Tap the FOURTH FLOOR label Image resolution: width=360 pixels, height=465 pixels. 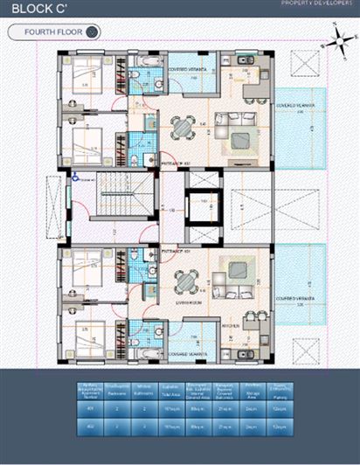[49, 32]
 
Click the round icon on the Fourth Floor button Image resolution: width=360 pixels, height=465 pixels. [93, 32]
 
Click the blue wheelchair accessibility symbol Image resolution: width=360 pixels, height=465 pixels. [77, 177]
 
